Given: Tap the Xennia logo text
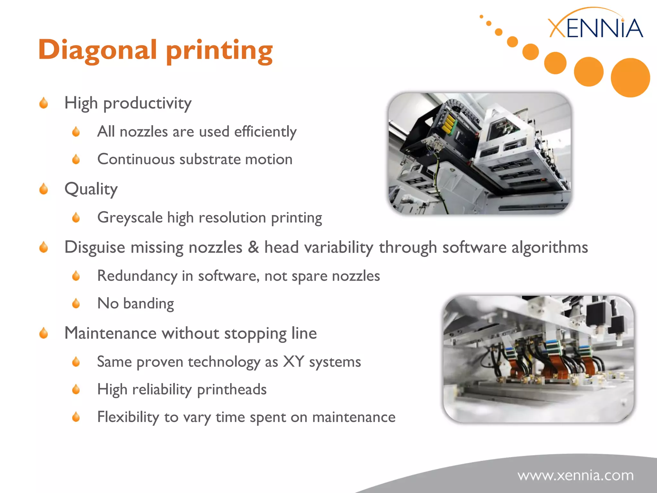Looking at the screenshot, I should [595, 28].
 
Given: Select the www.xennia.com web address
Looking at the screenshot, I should [576, 475].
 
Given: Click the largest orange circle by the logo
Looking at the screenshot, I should [630, 77].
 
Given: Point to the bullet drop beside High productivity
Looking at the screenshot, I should [44, 103].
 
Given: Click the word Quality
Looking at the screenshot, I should [91, 189].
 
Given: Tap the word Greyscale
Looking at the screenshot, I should [130, 218].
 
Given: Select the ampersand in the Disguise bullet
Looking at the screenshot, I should [253, 247].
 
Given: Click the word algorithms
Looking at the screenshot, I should [550, 247].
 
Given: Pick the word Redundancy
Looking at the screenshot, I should [137, 276].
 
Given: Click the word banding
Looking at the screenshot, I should [149, 304].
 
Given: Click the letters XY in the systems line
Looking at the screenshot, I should [294, 362].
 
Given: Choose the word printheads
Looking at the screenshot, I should [232, 389].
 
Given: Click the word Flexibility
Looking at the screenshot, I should [128, 417].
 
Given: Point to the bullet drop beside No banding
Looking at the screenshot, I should [76, 303].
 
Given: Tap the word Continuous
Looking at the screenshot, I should [136, 159].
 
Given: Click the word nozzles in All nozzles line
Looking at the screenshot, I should [143, 132].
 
